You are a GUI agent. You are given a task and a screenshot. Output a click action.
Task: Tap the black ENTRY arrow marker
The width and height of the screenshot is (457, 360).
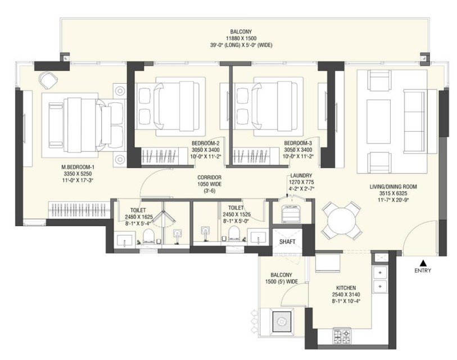click(423, 262)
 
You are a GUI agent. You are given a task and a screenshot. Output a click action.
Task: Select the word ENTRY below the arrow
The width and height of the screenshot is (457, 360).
click(423, 271)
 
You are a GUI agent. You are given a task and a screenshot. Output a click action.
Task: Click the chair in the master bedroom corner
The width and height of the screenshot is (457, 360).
click(47, 82)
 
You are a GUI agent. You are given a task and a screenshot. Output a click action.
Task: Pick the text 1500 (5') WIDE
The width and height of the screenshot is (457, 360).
click(282, 282)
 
